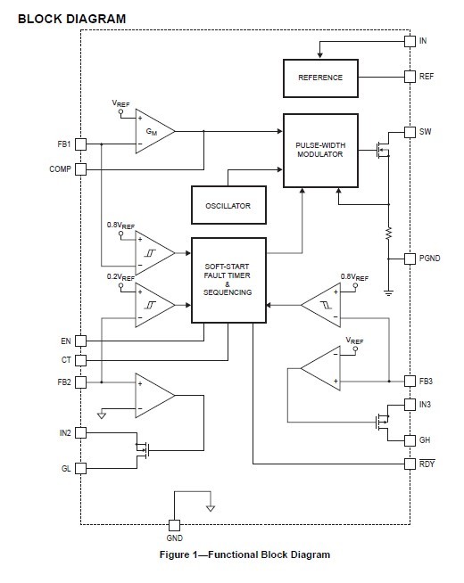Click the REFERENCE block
tap(319, 78)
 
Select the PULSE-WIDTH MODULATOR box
tap(319, 151)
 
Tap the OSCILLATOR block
tap(228, 205)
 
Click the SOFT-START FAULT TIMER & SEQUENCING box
tap(228, 279)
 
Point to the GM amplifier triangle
tap(153, 132)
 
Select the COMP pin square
tap(80, 169)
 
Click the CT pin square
tap(80, 361)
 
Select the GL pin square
tap(80, 468)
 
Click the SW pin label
tap(425, 132)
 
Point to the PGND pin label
tap(430, 259)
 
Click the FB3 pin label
tap(427, 382)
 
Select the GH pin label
tap(425, 440)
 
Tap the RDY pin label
tap(427, 464)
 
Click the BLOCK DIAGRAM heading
tap(71, 19)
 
